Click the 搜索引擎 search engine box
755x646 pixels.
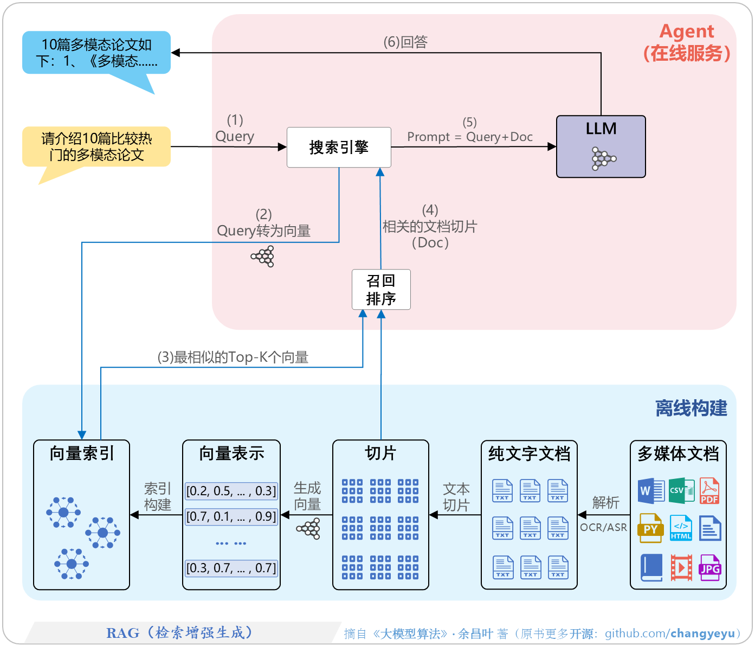pos(339,147)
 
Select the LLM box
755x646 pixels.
pos(601,146)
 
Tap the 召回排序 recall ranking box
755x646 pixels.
pos(381,290)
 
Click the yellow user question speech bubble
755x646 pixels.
pos(96,146)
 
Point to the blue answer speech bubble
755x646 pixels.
pos(96,53)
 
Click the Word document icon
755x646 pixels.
pos(651,491)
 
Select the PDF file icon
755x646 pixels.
pos(709,491)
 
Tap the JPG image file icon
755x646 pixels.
pos(709,568)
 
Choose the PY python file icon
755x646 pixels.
pos(650,528)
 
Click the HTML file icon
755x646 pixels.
pos(681,528)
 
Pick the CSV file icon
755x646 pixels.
pos(681,490)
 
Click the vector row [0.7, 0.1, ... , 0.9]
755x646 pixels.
pos(231,516)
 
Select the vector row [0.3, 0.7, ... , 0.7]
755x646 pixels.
pos(231,568)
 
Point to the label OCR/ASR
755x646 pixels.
pos(603,527)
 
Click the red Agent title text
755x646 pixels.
pos(687,31)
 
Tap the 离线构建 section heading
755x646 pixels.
pos(691,408)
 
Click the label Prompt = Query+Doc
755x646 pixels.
pos(470,137)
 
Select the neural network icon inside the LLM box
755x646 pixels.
pos(603,159)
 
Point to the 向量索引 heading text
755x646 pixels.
pos(82,453)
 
